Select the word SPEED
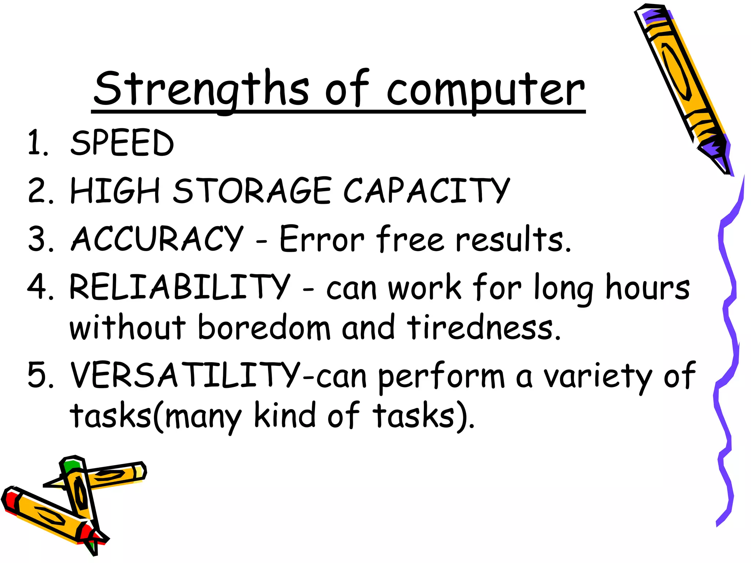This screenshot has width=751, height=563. pos(122,143)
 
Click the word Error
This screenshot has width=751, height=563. pos(322,239)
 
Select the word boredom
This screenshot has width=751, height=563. pos(264,327)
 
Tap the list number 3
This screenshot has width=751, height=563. pos(41,239)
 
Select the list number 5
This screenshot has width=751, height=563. pos(41,375)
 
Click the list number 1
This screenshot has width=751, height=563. pos(38,143)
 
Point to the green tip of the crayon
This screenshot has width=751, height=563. pos(70,466)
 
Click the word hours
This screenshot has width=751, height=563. pos(648,287)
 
